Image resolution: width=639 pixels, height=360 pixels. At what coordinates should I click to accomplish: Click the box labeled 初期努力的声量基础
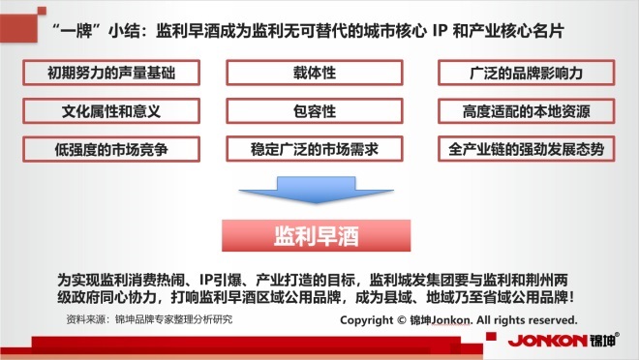pos(111,73)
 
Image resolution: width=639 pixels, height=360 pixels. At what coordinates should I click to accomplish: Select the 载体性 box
pos(315,73)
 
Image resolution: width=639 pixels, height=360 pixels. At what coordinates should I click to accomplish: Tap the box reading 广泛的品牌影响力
pos(526,73)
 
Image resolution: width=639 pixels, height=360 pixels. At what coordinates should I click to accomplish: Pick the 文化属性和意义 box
pos(111,110)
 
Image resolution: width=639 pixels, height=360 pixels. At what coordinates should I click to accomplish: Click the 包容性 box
pos(315,110)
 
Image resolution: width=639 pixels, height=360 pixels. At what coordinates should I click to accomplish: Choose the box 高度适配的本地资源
pos(526,110)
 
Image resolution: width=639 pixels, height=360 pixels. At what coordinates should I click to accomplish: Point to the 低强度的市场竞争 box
pos(111,149)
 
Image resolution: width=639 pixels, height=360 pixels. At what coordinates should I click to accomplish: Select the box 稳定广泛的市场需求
pos(315,149)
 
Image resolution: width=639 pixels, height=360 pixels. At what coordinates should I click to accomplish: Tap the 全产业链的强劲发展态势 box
pos(526,149)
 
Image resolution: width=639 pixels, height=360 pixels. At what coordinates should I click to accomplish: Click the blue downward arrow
pos(317,191)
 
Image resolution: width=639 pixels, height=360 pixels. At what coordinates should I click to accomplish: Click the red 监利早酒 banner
pos(317,236)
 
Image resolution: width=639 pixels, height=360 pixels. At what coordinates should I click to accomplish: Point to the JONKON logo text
pos(547,341)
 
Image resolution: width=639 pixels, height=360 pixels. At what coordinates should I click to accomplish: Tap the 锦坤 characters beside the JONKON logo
pos(602,340)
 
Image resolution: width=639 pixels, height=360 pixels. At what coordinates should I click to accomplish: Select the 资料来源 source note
pos(149,319)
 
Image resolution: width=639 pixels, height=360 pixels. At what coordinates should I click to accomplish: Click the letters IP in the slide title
pos(440,31)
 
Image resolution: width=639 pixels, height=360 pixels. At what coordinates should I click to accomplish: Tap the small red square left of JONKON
pos(491,336)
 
